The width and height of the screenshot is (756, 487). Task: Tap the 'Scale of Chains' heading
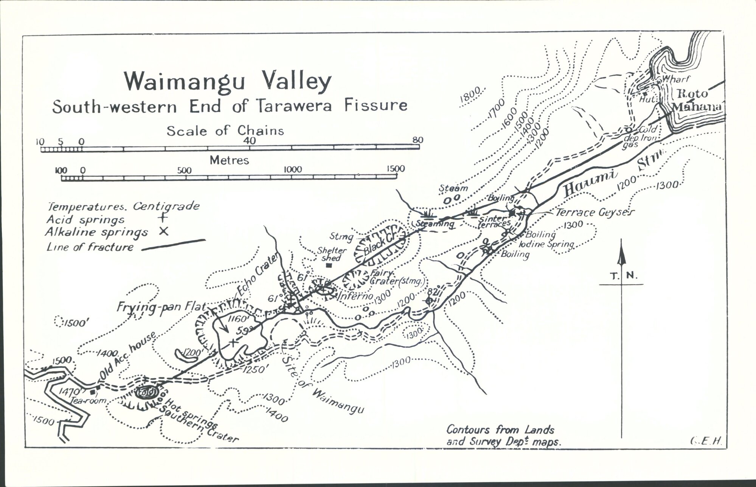click(x=225, y=131)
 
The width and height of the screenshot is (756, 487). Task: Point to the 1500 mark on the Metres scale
click(x=396, y=169)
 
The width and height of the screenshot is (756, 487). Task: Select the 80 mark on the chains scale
click(x=418, y=140)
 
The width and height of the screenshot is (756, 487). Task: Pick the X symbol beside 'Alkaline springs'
click(x=163, y=231)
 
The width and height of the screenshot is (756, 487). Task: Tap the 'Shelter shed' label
click(x=331, y=254)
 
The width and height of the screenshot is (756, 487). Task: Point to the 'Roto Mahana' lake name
click(x=696, y=100)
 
